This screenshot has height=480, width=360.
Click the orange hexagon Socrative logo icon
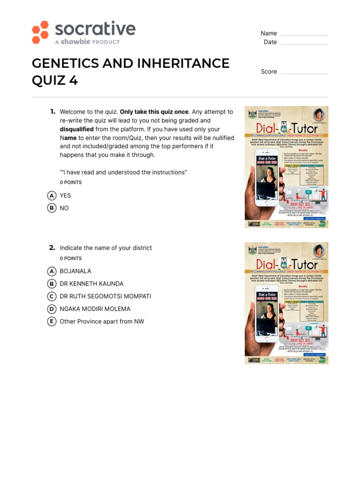pos(40,32)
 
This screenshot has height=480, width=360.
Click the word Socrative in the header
pos(95,29)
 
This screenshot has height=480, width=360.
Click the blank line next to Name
pos(304,34)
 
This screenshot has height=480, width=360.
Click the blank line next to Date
pos(304,43)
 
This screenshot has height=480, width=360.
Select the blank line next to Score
pos(304,72)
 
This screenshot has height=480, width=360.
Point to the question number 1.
pos(52,112)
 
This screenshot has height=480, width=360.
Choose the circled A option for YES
pos(52,195)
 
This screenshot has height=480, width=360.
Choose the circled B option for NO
pos(52,208)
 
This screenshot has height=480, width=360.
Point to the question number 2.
pos(52,247)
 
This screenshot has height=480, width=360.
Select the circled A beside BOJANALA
pos(52,271)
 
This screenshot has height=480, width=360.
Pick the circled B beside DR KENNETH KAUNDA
pos(52,284)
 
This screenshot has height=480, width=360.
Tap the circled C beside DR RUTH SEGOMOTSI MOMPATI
pos(52,297)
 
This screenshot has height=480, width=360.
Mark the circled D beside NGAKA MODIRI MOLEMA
pos(52,309)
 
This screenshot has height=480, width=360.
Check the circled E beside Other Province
pos(52,322)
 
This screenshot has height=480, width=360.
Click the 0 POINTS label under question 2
pos(71,259)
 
